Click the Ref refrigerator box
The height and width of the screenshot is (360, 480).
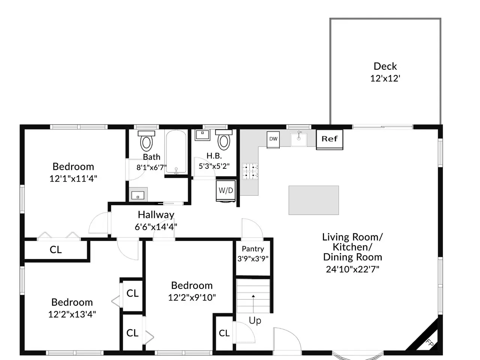click(x=329, y=139)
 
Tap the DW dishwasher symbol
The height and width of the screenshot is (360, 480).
click(x=273, y=139)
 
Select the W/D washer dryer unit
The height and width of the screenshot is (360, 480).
click(x=226, y=191)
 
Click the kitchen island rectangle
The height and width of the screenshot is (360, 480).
click(x=313, y=200)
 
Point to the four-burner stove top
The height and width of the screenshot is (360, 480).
click(x=250, y=171)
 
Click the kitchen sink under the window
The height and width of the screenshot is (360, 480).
click(x=299, y=139)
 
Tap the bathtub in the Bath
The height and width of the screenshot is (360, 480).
click(x=176, y=152)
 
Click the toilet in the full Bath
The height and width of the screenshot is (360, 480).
click(x=146, y=141)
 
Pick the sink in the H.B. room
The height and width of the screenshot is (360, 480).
click(x=202, y=135)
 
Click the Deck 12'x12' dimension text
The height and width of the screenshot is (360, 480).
click(x=385, y=78)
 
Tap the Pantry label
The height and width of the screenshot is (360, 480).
click(x=253, y=249)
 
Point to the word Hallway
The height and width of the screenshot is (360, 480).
click(x=156, y=215)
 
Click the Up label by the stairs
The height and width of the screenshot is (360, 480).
click(x=255, y=321)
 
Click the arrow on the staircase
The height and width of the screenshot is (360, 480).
click(x=253, y=304)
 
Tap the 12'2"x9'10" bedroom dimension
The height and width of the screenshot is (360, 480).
click(x=192, y=297)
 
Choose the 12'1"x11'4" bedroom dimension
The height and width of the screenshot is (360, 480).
click(x=73, y=178)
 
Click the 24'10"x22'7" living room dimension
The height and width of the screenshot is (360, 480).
click(x=352, y=269)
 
